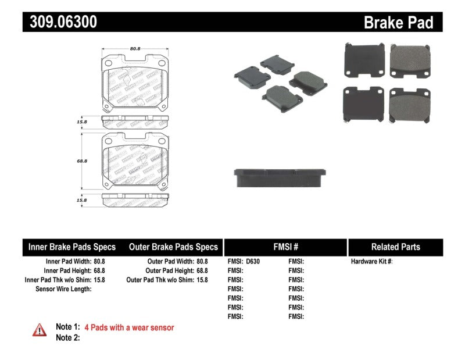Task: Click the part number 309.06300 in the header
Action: point(60,22)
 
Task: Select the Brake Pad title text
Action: point(398,23)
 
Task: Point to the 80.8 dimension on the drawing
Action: point(135,49)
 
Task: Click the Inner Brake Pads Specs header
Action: point(72,247)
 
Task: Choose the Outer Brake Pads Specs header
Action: point(173,247)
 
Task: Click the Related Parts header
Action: point(395,247)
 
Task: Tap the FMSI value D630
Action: point(253,262)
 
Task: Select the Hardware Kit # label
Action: point(371,262)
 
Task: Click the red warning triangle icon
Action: point(39,329)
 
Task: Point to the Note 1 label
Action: point(67,327)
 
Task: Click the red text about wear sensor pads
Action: point(129,327)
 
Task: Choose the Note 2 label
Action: point(67,338)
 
